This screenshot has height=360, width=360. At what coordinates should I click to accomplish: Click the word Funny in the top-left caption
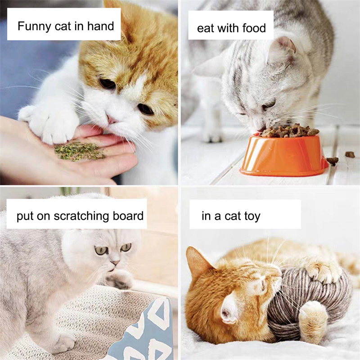click(35, 27)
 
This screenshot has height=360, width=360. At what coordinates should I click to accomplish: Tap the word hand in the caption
click(100, 26)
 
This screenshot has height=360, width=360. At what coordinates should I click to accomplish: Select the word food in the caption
click(254, 28)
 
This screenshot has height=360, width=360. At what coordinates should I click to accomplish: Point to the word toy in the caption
click(252, 216)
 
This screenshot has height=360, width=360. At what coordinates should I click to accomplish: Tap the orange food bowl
click(284, 155)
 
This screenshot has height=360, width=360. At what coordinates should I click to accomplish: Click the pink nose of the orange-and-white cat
click(111, 119)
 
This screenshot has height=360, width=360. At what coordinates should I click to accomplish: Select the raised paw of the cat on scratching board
click(119, 279)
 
